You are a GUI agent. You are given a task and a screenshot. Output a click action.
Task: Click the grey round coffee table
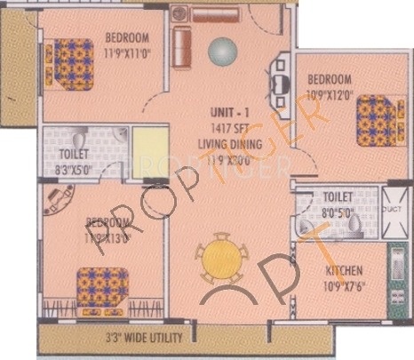(219, 51)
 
